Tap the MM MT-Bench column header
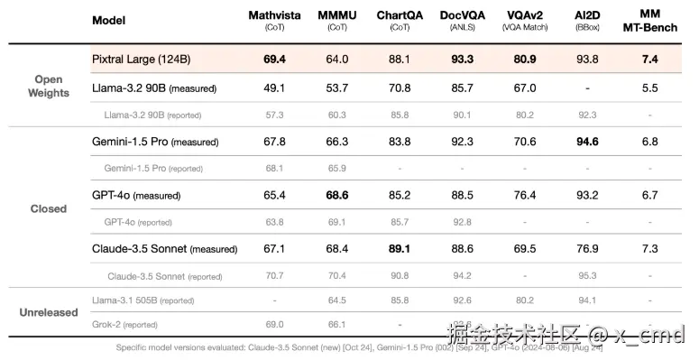(649, 21)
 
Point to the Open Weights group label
(48, 86)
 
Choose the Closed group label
(48, 208)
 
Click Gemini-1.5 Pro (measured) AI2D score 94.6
(587, 142)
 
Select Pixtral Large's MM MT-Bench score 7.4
(649, 59)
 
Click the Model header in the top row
(109, 20)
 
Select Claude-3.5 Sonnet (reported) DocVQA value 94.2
(462, 276)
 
